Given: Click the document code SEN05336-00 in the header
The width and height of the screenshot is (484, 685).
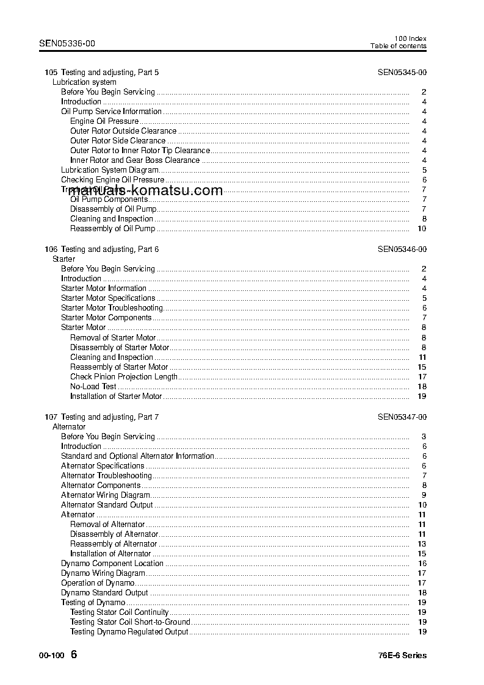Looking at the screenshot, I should tap(67, 43).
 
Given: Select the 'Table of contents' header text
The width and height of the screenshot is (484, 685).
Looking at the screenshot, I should tap(398, 46).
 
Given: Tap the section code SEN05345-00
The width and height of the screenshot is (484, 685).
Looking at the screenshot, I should tap(402, 73).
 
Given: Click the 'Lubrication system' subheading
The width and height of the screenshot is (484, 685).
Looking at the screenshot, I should tap(84, 82).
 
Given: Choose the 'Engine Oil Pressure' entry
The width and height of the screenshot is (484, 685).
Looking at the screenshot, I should tap(104, 121).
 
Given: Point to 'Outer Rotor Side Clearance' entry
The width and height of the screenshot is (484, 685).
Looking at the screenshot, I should tap(118, 141).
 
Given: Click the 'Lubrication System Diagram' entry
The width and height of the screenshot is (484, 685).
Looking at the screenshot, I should tap(110, 170).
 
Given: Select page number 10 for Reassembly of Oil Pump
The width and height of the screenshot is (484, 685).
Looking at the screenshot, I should tap(421, 229).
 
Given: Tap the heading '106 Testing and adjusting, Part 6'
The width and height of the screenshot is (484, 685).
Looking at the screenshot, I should tap(102, 249).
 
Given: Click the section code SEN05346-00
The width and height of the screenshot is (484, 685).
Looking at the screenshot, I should tap(402, 249).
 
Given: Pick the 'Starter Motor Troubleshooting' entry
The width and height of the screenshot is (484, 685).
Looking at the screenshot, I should tap(112, 308).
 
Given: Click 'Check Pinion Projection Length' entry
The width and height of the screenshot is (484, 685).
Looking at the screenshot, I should tap(124, 377).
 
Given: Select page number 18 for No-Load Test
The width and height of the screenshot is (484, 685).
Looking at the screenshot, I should tap(421, 387).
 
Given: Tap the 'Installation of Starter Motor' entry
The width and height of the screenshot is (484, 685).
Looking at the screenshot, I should tap(116, 396).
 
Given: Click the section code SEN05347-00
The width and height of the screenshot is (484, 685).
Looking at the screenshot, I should tap(402, 417).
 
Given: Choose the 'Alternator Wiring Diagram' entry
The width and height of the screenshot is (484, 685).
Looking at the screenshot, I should tap(106, 495).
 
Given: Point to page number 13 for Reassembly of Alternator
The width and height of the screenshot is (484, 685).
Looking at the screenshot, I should tap(421, 544).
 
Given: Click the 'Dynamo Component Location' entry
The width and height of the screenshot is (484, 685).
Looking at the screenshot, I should tap(112, 564).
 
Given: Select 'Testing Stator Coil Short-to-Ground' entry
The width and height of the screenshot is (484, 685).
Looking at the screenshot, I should tap(130, 622).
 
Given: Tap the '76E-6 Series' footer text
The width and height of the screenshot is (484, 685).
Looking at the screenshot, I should tap(402, 656).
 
